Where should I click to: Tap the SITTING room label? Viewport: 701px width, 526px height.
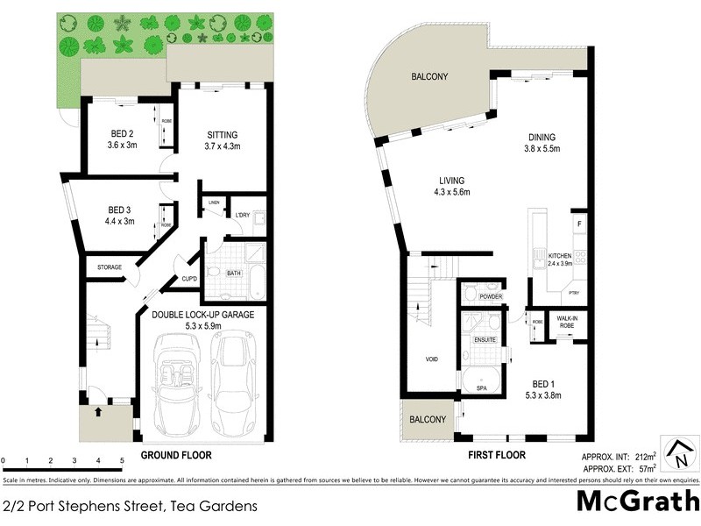click(223, 135)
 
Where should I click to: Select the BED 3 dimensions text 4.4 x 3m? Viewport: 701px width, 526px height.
click(117, 222)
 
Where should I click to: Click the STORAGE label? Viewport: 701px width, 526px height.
click(110, 267)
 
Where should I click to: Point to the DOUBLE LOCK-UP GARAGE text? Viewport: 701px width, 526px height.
click(202, 314)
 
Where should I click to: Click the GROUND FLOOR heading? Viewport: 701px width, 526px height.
click(176, 455)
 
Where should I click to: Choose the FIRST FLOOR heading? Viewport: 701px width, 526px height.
click(497, 455)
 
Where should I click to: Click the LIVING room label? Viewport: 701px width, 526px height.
click(452, 180)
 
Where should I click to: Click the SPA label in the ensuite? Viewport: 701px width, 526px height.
click(480, 386)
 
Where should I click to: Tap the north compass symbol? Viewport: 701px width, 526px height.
click(679, 453)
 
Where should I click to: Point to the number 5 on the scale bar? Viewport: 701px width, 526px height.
click(121, 460)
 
